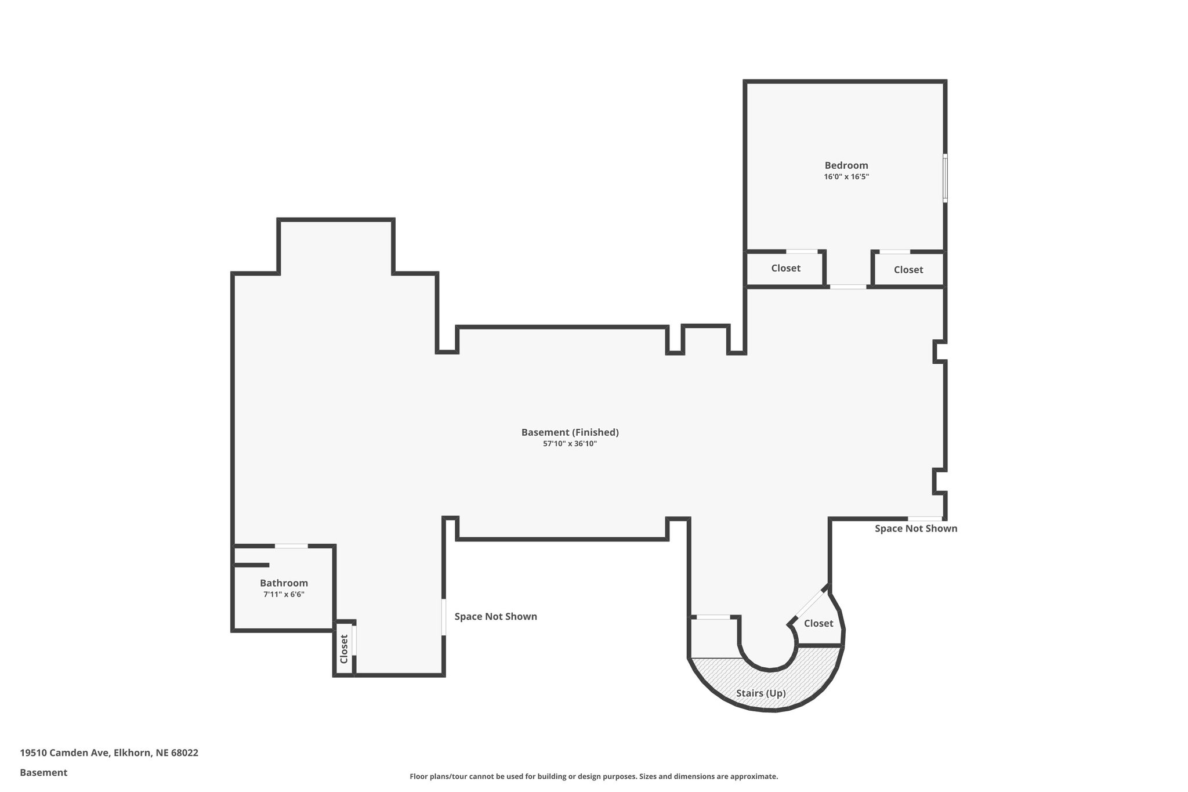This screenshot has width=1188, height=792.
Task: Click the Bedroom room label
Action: click(846, 165)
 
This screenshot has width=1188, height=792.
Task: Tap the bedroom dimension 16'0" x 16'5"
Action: click(846, 177)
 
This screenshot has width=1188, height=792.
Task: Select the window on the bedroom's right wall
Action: click(945, 178)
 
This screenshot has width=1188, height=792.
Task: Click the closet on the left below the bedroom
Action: click(785, 268)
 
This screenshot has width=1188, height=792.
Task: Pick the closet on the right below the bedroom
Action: click(908, 270)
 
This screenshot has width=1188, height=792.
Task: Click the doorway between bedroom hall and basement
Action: click(847, 287)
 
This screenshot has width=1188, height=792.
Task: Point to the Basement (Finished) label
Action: click(570, 432)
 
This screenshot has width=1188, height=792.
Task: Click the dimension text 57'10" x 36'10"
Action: click(570, 444)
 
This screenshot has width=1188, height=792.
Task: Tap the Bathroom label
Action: click(284, 583)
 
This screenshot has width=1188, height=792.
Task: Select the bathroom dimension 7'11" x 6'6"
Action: click(284, 595)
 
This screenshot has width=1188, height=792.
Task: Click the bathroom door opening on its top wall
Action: click(291, 546)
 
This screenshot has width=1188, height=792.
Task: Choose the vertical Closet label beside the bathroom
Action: click(344, 649)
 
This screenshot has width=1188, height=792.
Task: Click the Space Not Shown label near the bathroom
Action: click(495, 616)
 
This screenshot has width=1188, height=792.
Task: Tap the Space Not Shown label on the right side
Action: click(915, 529)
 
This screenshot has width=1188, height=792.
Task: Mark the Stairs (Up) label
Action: click(760, 693)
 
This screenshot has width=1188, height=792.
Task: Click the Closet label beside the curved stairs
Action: click(818, 623)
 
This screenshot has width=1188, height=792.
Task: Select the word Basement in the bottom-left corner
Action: click(44, 772)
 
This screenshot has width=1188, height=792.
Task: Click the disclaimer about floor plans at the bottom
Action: click(593, 776)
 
